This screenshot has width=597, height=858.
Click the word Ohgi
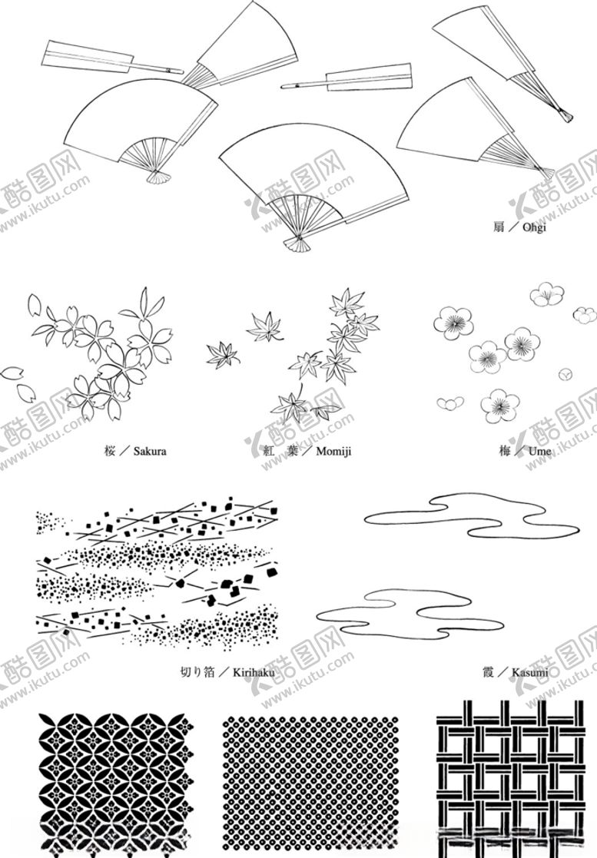coord(532,227)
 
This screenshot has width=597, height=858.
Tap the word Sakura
coord(149,451)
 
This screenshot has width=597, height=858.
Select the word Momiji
coord(333,451)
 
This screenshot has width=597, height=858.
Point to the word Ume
coord(539,451)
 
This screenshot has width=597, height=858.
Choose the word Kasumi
coord(529,673)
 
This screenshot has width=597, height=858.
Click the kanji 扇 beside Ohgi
coord(499,227)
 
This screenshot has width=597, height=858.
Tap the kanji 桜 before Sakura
coord(108,451)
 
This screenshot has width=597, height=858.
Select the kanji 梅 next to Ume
coord(505,451)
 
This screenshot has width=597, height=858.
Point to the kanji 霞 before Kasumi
coord(487,673)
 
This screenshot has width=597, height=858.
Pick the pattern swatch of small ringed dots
coord(310,776)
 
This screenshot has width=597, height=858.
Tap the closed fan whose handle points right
coord(111,59)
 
